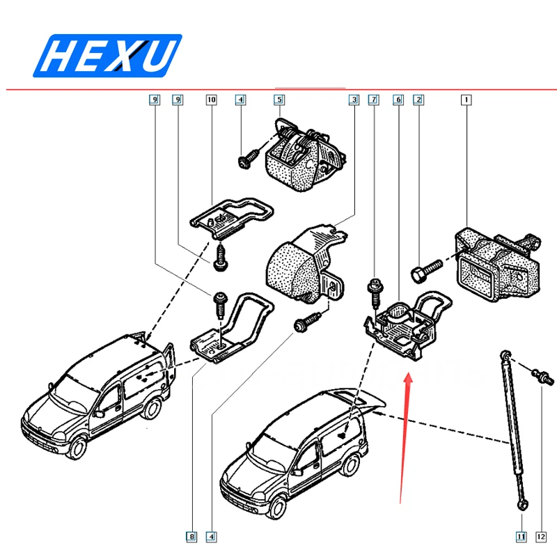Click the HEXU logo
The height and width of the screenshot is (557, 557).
tap(108, 55)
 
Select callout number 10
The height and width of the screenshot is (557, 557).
tap(211, 100)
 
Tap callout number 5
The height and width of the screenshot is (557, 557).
tap(278, 100)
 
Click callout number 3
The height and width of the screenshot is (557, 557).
tap(354, 100)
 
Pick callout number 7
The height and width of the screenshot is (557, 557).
tap(374, 100)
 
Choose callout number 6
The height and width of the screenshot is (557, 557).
tap(398, 100)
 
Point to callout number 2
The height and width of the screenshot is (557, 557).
tap(418, 100)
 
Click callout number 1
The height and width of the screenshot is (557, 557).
tap(465, 100)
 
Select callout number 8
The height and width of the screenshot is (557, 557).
tap(190, 536)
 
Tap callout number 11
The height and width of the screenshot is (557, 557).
tap(520, 536)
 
